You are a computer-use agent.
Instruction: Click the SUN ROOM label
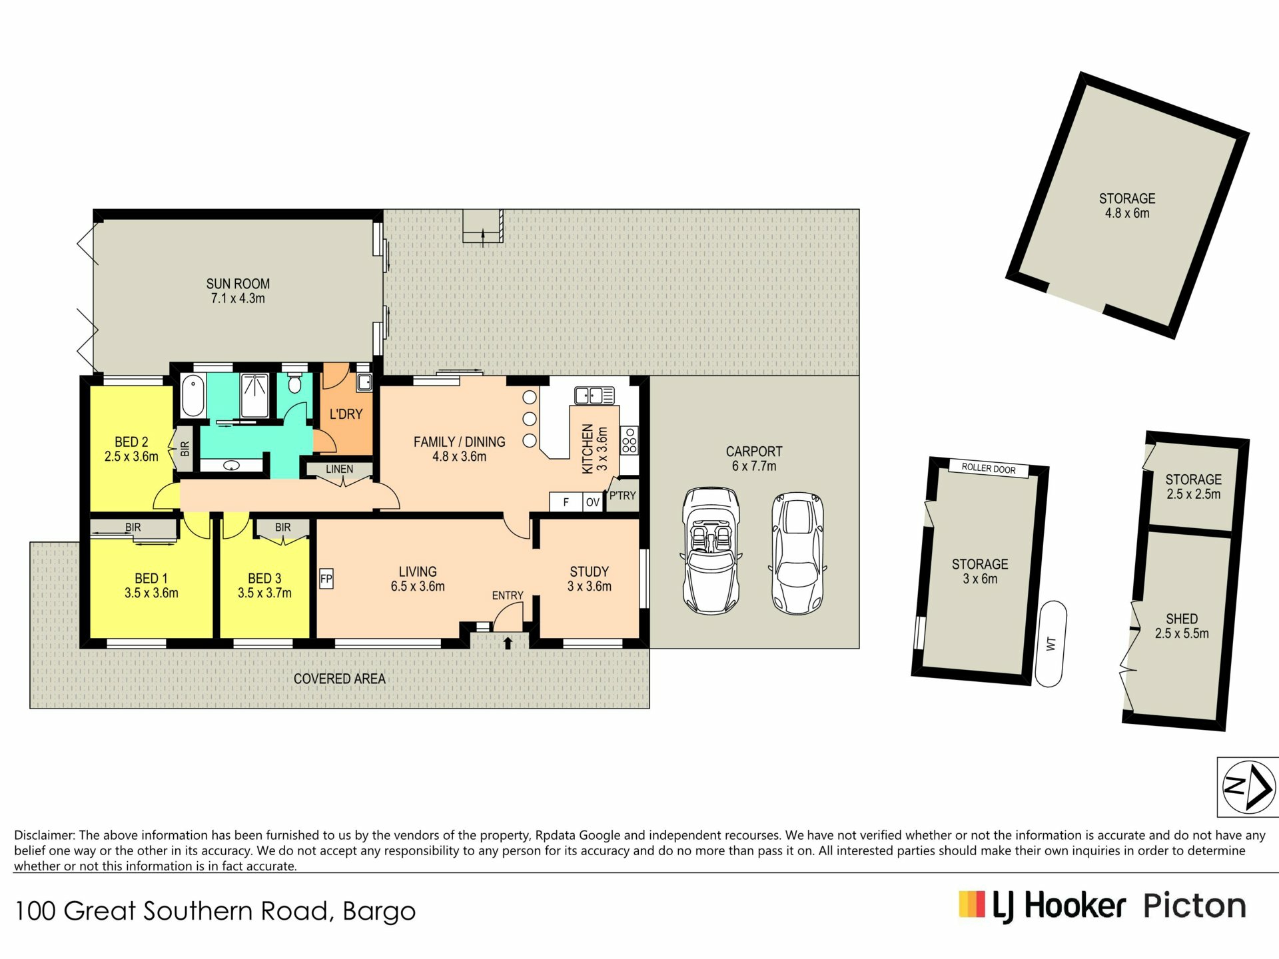pos(238,284)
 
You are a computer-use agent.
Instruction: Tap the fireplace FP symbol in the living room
pos(326,579)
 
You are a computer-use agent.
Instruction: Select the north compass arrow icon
pos(1248,787)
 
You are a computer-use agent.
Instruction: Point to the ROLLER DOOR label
pos(989,468)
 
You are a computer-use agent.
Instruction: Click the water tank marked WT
pos(1051,643)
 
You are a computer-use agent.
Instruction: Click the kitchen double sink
pos(594,396)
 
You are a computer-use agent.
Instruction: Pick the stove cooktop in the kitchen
pos(630,441)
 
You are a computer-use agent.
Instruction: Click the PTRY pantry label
pos(623,495)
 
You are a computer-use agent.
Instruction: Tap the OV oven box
pos(592,502)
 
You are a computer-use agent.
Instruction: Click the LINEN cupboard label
pos(340,470)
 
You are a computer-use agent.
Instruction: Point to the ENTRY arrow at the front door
pos(508,643)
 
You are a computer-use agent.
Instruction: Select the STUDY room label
pos(590,571)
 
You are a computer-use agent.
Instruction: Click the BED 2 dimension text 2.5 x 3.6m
pos(131,457)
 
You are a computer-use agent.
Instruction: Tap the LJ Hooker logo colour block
pos(972,904)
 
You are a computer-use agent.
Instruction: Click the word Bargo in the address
pos(379,911)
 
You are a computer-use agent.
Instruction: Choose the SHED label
pos(1182,619)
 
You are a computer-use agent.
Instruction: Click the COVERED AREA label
pos(340,679)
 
